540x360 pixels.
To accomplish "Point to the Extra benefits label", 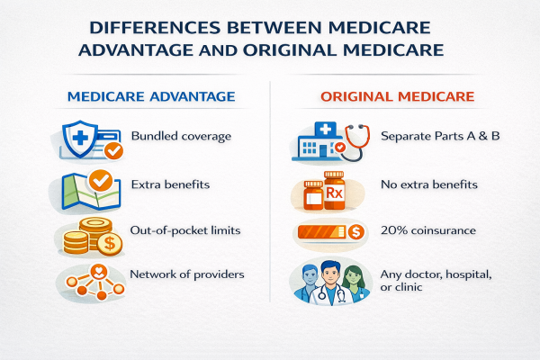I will click(x=170, y=184).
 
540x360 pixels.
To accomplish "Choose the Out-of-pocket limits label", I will click(x=186, y=231).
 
